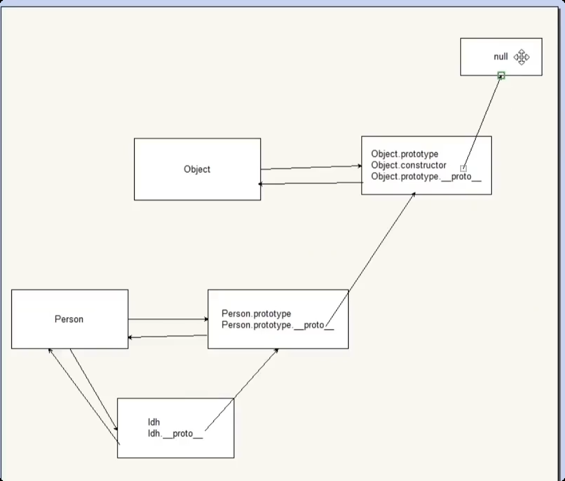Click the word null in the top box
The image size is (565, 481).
tap(501, 57)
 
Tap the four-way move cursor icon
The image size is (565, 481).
tap(521, 57)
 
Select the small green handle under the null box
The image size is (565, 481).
tap(501, 76)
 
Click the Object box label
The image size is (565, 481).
tap(197, 169)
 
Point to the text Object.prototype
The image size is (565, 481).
tap(404, 154)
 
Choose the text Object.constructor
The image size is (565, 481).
tap(408, 165)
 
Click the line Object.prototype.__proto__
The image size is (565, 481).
tap(426, 176)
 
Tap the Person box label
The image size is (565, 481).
tap(69, 319)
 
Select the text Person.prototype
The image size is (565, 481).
tap(256, 314)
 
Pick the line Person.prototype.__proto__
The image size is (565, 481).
tap(277, 325)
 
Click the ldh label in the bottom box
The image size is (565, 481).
tap(154, 422)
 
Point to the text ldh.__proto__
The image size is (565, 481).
tap(175, 433)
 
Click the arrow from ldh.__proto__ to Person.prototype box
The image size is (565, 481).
tap(241, 388)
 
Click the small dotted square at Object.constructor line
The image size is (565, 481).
tap(463, 168)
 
